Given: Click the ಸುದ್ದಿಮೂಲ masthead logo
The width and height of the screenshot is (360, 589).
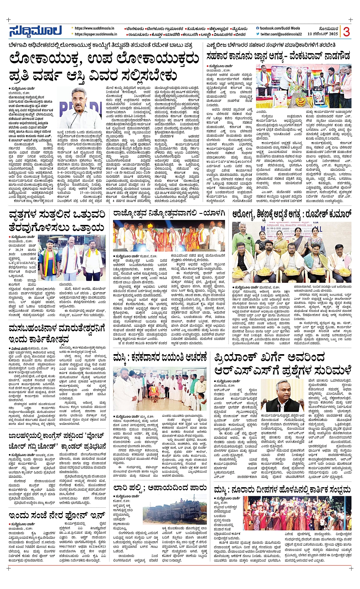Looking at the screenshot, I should [x=35, y=30].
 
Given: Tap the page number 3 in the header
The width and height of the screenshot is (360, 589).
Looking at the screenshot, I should [x=346, y=32].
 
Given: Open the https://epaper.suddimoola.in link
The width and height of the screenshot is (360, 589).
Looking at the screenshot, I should [x=97, y=34].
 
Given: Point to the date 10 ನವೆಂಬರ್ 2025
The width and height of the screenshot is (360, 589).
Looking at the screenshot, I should [x=323, y=34].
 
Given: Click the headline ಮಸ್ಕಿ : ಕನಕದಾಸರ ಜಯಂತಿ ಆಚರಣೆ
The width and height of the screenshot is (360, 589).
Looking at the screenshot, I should [x=160, y=358].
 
